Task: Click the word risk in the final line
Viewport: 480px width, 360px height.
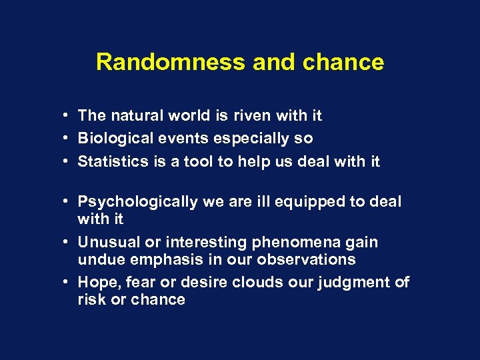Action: click(91, 299)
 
